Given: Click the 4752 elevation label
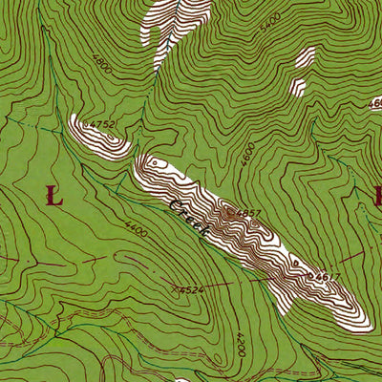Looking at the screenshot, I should pyautogui.click(x=99, y=124).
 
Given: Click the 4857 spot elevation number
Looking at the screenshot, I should pyautogui.click(x=247, y=212).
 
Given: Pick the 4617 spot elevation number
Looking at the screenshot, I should pyautogui.click(x=327, y=277).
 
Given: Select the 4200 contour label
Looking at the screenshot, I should pyautogui.click(x=238, y=345).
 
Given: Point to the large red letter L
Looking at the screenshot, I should pyautogui.click(x=53, y=198).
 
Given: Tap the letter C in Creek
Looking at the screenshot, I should pyautogui.click(x=173, y=203).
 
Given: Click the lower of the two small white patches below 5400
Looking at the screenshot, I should pyautogui.click(x=297, y=88).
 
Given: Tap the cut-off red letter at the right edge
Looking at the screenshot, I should pyautogui.click(x=376, y=198).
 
